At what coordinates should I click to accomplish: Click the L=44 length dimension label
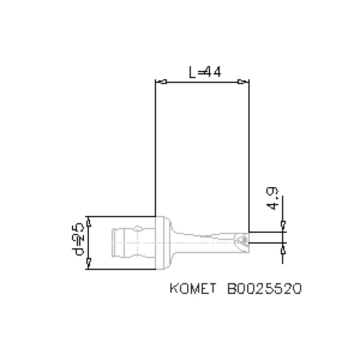click(x=205, y=72)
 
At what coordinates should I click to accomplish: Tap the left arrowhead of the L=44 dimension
click(x=162, y=82)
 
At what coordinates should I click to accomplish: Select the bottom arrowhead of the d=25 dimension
click(x=89, y=261)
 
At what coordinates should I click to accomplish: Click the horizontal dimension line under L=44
click(x=202, y=82)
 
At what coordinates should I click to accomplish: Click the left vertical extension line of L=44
click(x=155, y=150)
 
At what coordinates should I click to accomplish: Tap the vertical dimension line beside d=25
click(x=89, y=243)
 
